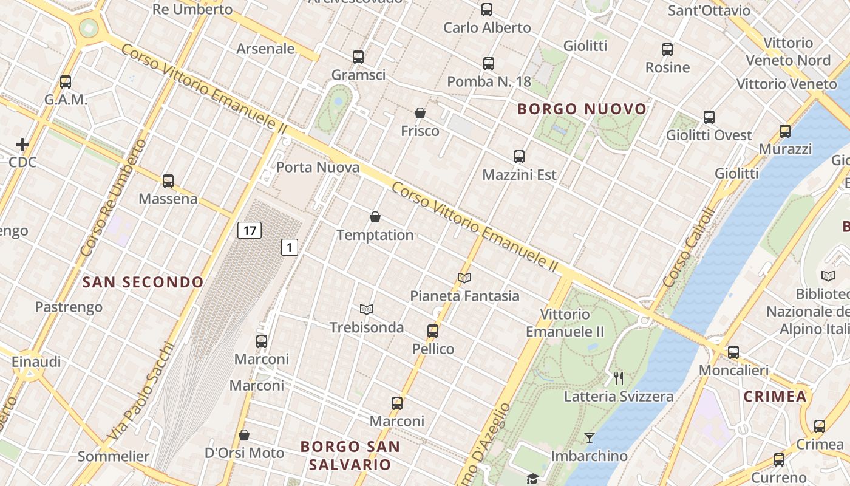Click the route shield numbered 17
coord(249,230)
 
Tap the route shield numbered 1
coord(290,247)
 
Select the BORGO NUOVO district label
coord(582,109)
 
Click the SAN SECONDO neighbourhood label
coord(143,282)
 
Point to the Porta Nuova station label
coord(318,167)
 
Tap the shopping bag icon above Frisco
coord(420,113)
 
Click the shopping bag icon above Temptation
coord(375,217)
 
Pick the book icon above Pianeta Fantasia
coord(464,278)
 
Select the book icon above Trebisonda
coord(366,309)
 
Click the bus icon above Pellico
coord(433,331)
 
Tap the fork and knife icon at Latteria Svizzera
coord(619,378)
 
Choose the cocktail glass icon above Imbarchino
coord(589,437)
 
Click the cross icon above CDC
coord(22,145)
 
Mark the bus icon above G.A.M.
coord(66,81)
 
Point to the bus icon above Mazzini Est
coord(519,157)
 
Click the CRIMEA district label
coord(775,397)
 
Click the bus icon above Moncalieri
coord(733,352)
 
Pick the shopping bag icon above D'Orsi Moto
coord(244,435)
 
